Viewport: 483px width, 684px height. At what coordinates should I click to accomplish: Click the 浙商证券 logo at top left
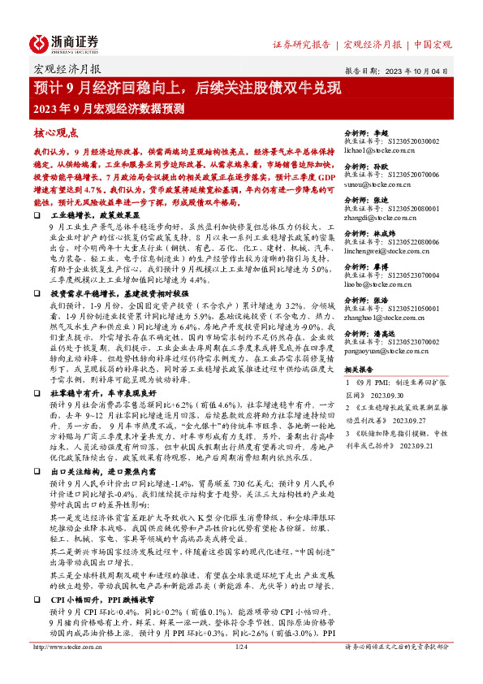[65, 42]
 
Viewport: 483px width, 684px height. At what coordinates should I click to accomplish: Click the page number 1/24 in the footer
[240, 669]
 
